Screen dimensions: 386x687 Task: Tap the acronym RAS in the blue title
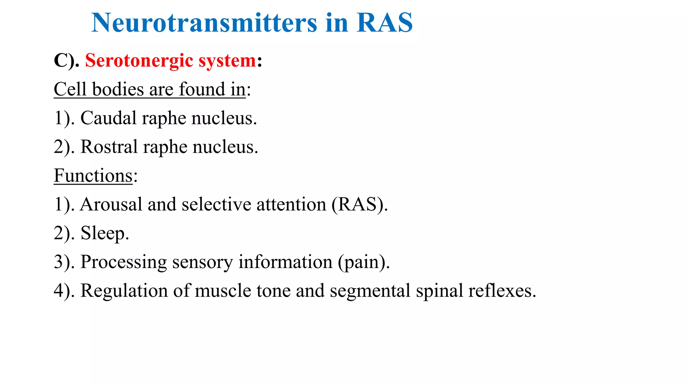[x=384, y=23]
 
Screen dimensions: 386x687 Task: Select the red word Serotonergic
[x=139, y=61]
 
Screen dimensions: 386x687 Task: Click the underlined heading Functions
[x=93, y=176]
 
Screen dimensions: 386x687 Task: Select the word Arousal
[x=111, y=204]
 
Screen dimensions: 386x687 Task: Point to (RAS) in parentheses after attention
[x=359, y=204]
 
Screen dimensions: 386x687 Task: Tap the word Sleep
[x=104, y=234]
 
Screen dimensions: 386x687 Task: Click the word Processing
[x=123, y=262]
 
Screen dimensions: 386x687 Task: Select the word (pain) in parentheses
[x=364, y=262]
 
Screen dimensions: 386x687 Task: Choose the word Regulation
[x=124, y=291]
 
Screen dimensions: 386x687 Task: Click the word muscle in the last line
[x=223, y=291]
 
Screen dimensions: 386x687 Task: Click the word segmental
[x=370, y=291]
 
